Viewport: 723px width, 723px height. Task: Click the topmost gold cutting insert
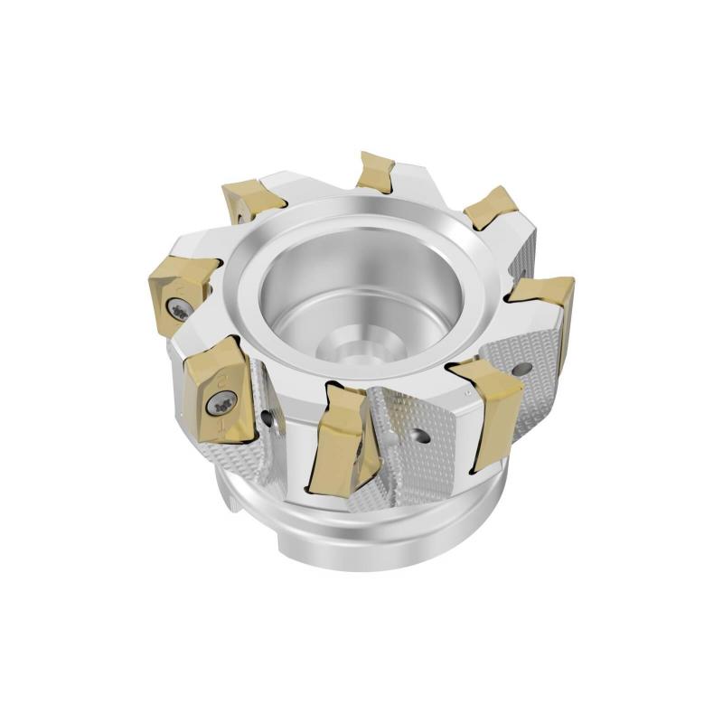(374, 171)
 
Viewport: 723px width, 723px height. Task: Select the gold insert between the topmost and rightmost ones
(490, 207)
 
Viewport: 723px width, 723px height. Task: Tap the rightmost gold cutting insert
(545, 303)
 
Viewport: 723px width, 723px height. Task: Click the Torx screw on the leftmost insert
(181, 310)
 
